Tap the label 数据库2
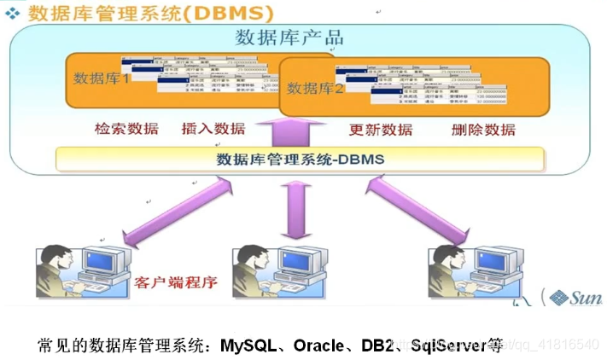314,89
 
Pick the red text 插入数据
213,129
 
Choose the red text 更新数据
381,130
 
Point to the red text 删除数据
483,130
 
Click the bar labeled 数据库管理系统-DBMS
300,159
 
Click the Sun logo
575,297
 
